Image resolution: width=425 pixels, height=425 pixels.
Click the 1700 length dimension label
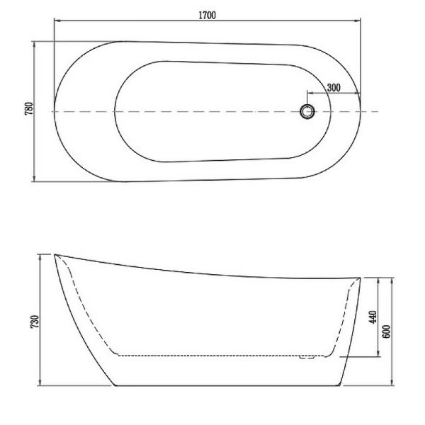point(208,15)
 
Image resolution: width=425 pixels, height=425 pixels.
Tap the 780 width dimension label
point(29,108)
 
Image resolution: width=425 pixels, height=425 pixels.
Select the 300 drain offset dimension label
point(334,88)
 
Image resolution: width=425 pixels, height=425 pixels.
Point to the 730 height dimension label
point(35,322)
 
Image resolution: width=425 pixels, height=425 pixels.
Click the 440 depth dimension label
point(373,317)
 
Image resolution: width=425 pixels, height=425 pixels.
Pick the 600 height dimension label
point(387,331)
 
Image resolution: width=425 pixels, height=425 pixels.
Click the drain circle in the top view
point(307,111)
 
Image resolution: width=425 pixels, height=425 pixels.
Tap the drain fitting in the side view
point(307,357)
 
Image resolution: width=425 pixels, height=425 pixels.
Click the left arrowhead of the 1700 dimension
point(57,21)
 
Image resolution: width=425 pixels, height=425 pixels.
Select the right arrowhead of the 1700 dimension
point(357,21)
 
